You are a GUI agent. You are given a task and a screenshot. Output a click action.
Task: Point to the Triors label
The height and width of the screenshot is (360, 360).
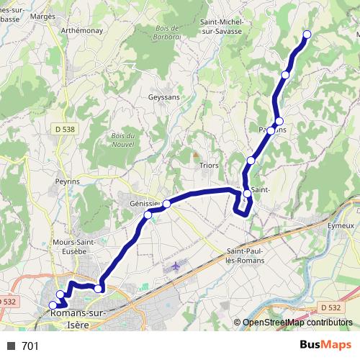[x=208, y=165]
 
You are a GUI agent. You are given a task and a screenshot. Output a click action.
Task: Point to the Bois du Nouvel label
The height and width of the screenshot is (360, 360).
[x=124, y=140]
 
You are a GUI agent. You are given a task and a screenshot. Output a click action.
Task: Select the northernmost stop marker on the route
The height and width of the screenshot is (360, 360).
[x=307, y=35]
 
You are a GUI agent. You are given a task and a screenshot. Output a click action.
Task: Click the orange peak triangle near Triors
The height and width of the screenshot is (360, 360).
[x=195, y=154]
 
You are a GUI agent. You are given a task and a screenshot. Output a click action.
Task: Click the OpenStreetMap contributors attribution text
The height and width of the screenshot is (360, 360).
[x=297, y=323]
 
